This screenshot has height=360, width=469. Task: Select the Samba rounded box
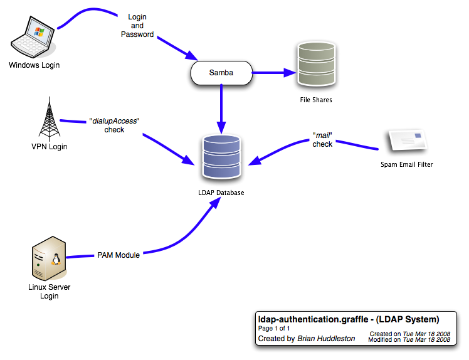221,73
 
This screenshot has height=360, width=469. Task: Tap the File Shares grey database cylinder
315,66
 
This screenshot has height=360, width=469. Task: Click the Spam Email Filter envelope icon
407,142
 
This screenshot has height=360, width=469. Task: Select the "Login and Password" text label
137,25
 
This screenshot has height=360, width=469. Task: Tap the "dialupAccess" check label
114,124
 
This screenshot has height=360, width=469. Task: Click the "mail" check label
322,139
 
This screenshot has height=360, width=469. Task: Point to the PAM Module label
119,255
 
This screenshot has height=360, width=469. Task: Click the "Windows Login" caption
34,65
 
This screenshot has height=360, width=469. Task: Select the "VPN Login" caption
49,147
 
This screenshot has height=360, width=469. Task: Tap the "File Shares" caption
315,100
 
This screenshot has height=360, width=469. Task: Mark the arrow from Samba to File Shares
274,73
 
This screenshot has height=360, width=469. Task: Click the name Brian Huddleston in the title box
325,339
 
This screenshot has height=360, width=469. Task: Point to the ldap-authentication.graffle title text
349,319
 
